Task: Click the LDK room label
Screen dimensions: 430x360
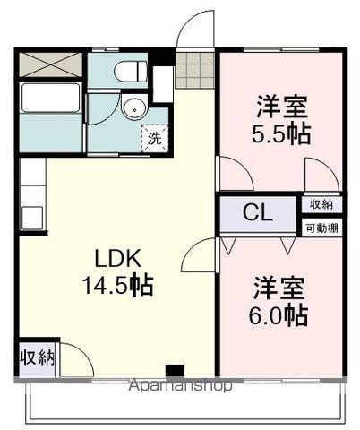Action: [x=117, y=259]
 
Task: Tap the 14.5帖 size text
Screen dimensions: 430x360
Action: [x=117, y=287]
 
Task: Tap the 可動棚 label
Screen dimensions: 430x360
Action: [x=321, y=228]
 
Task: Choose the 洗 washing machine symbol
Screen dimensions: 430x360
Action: [x=156, y=138]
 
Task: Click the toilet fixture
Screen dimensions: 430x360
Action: [x=125, y=71]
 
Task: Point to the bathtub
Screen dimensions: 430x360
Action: [x=51, y=99]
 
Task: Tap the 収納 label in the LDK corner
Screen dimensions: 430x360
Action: [x=38, y=358]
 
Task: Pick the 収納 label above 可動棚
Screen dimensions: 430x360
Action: [x=321, y=205]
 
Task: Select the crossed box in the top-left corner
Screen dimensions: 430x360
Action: [x=50, y=65]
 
